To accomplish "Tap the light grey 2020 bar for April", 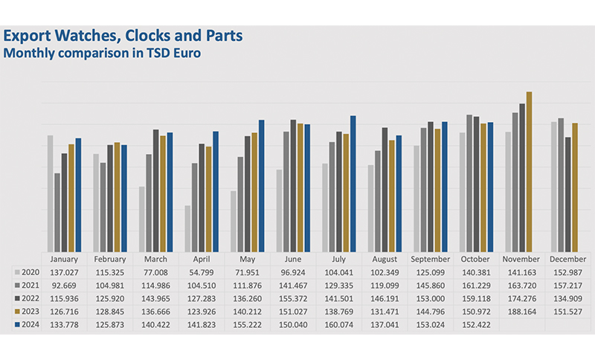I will (x=187, y=228).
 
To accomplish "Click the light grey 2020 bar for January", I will (x=51, y=193).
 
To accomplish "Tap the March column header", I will (x=156, y=260).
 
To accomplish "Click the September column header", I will (x=430, y=260).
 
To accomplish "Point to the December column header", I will (x=567, y=260).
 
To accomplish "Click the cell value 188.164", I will (x=522, y=312).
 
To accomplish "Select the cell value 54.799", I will (x=202, y=273).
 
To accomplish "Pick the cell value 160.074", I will (x=338, y=324).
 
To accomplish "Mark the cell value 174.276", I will (x=522, y=299).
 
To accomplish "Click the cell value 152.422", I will (x=476, y=324).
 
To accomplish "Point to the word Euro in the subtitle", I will (x=187, y=53).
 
